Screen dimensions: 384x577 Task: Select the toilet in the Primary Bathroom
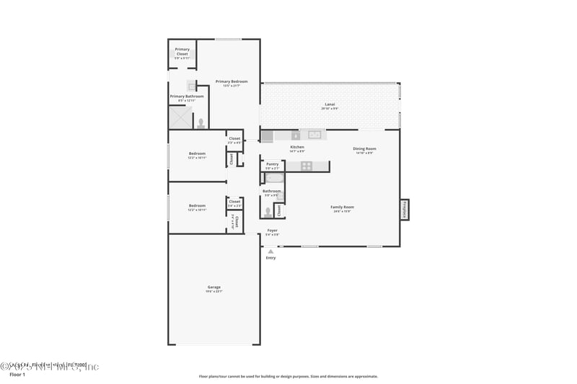click(201, 123)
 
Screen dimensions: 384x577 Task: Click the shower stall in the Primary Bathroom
click(180, 117)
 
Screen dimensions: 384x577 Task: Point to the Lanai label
click(330, 104)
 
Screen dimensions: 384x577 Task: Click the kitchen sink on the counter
click(315, 135)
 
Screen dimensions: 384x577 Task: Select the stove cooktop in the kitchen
click(307, 166)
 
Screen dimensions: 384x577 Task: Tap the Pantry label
click(272, 164)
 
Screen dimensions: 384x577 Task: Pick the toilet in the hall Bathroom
click(268, 212)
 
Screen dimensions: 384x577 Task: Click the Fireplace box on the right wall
click(405, 210)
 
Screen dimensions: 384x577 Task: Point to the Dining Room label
click(364, 149)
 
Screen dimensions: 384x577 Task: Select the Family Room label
click(343, 207)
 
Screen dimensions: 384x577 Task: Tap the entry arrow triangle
click(270, 251)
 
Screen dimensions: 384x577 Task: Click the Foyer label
click(272, 231)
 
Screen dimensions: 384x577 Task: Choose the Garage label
click(214, 287)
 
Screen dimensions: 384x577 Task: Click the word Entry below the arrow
click(270, 258)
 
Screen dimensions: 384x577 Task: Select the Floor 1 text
click(17, 375)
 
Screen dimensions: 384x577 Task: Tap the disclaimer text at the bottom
click(288, 376)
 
